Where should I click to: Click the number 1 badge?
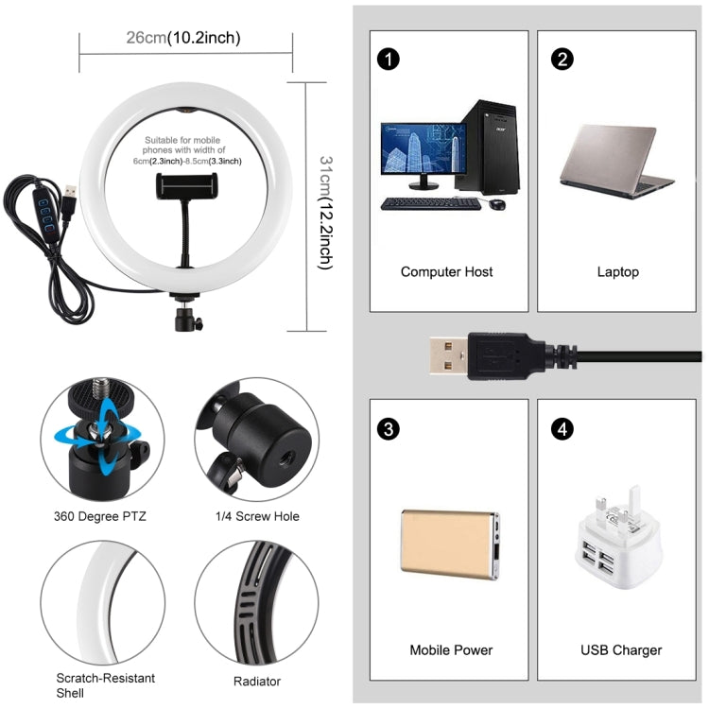(388, 60)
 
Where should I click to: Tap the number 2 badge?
(563, 60)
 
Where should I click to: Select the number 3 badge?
(388, 429)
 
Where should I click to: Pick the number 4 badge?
(563, 429)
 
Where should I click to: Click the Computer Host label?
(446, 272)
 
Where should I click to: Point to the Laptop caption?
(617, 272)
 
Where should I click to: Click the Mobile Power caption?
(451, 650)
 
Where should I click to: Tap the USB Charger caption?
(620, 650)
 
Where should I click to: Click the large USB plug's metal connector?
(446, 355)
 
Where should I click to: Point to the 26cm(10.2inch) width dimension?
(183, 39)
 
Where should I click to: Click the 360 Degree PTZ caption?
(100, 516)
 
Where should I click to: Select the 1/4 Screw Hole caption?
(256, 516)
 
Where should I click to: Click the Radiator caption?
(256, 681)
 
